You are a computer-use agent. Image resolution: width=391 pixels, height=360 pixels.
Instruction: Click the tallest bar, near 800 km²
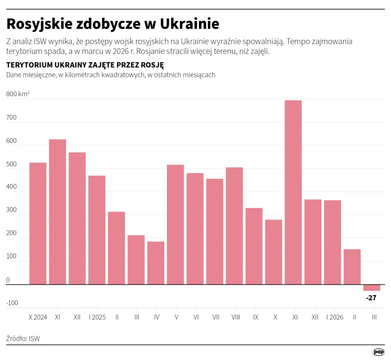[x=293, y=192]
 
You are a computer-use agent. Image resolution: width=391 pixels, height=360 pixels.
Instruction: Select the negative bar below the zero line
[x=372, y=288]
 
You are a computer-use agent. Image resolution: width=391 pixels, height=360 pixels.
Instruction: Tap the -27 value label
[x=372, y=298]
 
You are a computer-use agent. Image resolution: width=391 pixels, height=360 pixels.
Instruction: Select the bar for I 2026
[x=332, y=242]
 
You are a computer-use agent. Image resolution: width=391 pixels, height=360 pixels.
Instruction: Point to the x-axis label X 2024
[x=38, y=317]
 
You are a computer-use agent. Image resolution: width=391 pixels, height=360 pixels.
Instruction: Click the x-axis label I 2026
[x=334, y=317]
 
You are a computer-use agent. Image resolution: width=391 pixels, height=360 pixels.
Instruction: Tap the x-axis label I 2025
[x=97, y=317]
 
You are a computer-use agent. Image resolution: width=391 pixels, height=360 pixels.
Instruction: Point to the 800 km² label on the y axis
[x=18, y=94]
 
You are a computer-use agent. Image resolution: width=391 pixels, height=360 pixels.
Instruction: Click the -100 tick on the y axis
[x=12, y=303]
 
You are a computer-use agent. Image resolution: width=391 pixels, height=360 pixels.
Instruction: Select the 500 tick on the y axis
[x=12, y=164]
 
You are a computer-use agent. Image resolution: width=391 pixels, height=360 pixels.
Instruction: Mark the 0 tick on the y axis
[x=8, y=280]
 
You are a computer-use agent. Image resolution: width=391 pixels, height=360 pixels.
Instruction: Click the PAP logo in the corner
[x=378, y=352]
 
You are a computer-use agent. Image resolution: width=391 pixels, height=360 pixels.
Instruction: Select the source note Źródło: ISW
[x=23, y=338]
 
